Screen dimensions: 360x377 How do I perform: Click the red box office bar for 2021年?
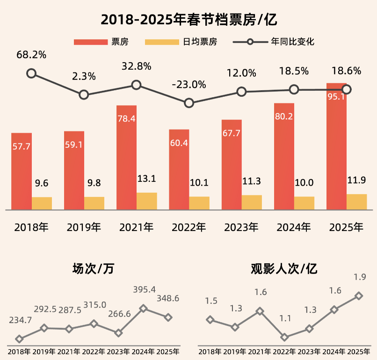point(126,157)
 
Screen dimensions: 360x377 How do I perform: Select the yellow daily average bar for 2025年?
point(356,202)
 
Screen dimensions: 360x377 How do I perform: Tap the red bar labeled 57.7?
point(22,171)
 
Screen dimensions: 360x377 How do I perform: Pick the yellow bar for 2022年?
point(199,203)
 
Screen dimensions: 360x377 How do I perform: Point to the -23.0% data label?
point(188,85)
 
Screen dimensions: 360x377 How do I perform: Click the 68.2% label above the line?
point(31,55)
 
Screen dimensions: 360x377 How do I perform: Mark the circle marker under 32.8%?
point(136,85)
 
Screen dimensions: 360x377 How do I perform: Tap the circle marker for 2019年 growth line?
point(84,95)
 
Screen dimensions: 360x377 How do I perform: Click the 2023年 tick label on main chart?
point(241,228)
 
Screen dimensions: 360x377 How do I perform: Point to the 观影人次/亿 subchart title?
point(284,269)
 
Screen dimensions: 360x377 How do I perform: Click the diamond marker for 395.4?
point(144,308)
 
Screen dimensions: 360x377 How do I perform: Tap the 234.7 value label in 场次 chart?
point(21,320)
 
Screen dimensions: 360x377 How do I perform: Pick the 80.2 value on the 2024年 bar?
point(284,116)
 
